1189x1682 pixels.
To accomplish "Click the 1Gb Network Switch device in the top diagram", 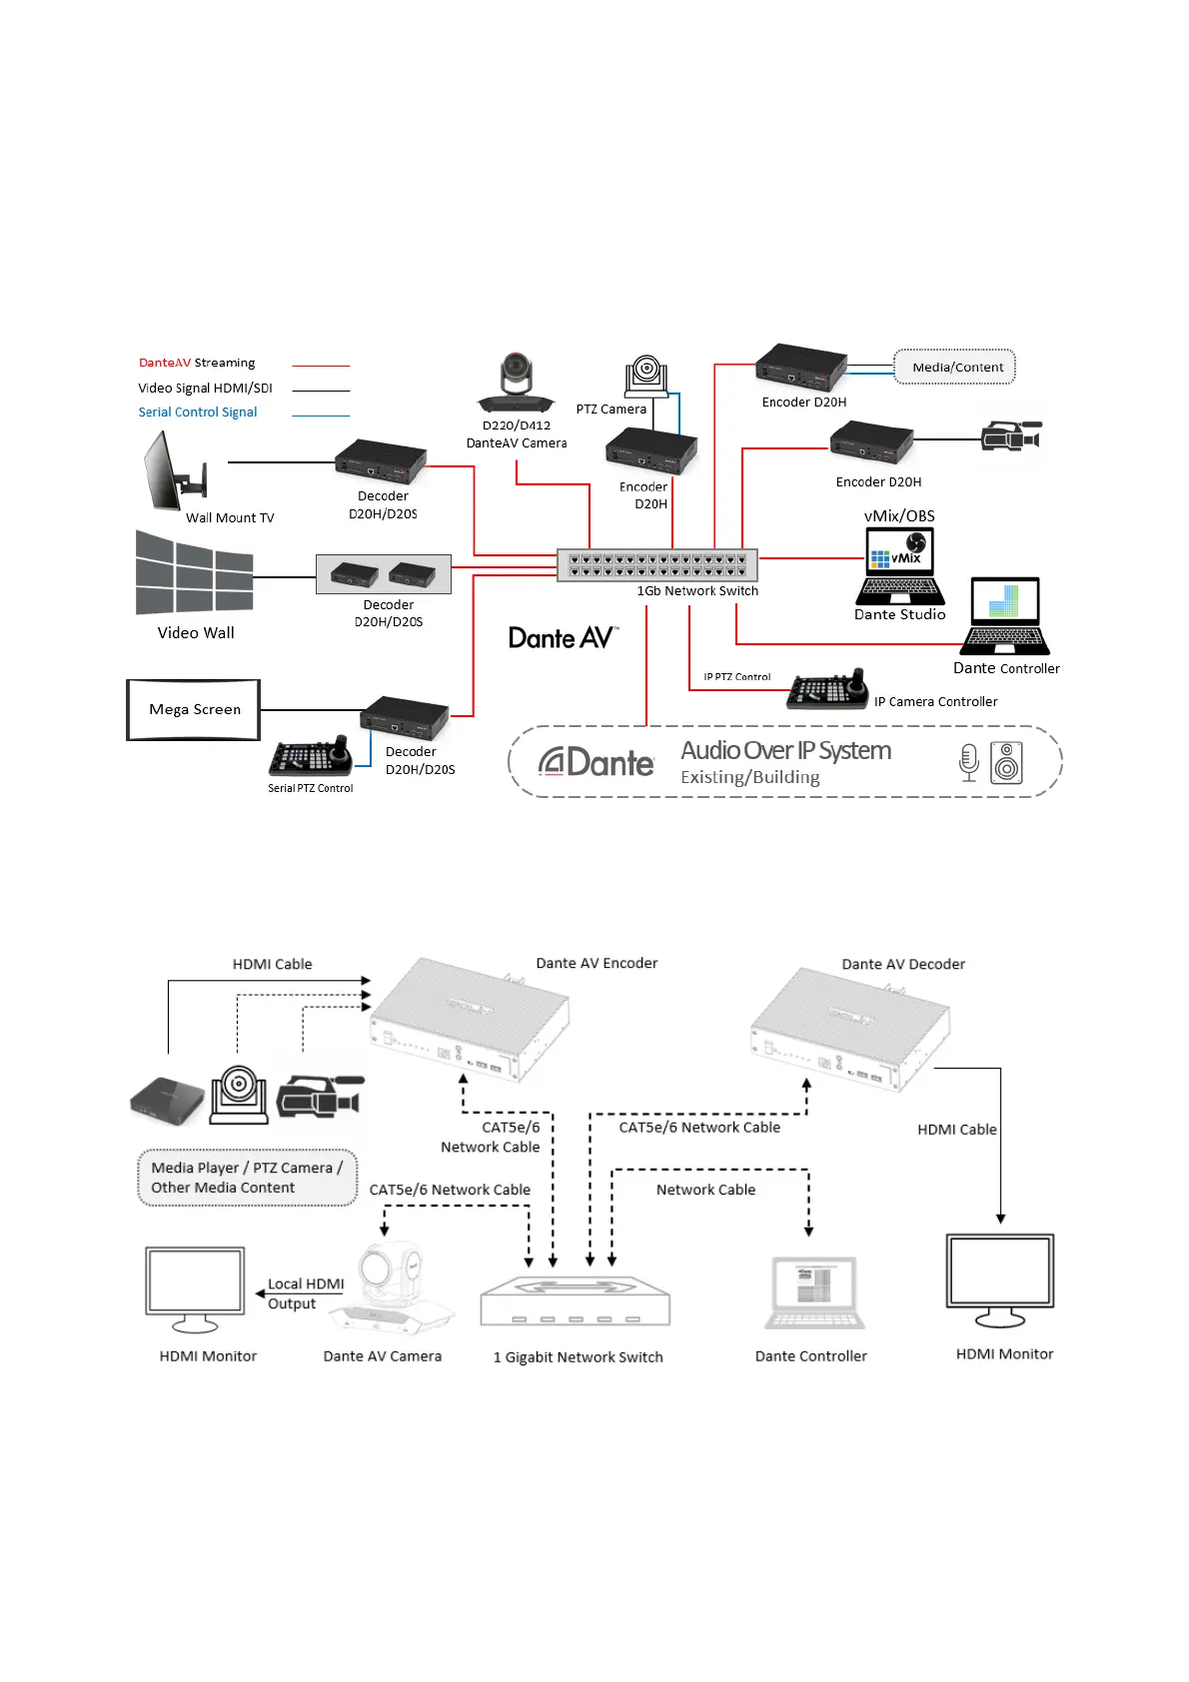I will tap(657, 565).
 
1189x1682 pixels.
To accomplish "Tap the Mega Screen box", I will tap(194, 710).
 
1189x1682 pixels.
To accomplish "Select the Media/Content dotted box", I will tap(955, 367).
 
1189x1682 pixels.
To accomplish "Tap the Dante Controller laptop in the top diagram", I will tap(1005, 616).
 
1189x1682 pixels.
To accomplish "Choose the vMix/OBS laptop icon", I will tap(900, 565).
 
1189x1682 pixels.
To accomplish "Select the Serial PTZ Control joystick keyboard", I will tap(311, 758).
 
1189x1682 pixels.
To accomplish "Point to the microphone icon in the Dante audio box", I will tap(968, 763).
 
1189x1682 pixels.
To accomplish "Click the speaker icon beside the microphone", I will tap(1007, 763).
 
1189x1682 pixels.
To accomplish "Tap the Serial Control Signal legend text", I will tap(198, 413).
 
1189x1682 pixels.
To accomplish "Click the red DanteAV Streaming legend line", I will tap(321, 367).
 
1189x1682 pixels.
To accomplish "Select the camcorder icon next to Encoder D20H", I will tap(1011, 436).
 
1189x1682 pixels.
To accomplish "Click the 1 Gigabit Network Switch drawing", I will tap(576, 1302).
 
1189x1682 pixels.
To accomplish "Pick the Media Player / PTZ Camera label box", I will tap(247, 1179).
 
